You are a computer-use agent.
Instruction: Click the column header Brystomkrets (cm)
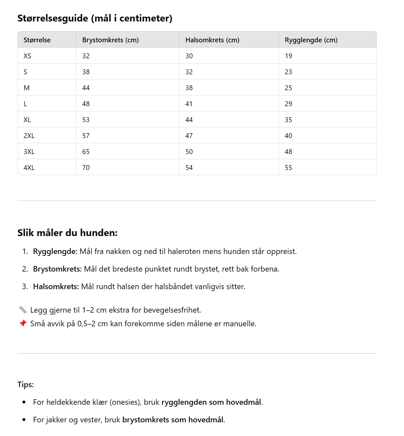point(110,40)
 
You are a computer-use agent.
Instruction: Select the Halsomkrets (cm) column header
point(212,40)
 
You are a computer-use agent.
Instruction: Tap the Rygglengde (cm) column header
point(311,40)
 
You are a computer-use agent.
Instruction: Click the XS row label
point(27,56)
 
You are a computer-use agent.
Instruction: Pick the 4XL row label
point(29,168)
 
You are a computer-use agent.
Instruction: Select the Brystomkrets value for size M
point(86,88)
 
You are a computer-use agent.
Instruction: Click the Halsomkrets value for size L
point(189,104)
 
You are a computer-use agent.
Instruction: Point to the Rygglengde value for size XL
point(289,120)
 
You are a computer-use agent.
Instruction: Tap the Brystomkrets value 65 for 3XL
point(86,152)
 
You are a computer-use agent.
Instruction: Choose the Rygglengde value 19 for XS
point(289,56)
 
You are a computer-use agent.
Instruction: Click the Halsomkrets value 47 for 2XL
point(189,136)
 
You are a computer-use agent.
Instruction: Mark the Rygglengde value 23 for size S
point(289,72)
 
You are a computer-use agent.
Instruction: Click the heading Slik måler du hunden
point(67,233)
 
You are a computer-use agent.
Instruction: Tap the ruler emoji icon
point(22,310)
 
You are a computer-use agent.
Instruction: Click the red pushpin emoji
point(22,323)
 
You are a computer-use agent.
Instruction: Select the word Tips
point(25,385)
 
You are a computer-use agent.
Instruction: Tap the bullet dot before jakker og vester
point(24,420)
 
